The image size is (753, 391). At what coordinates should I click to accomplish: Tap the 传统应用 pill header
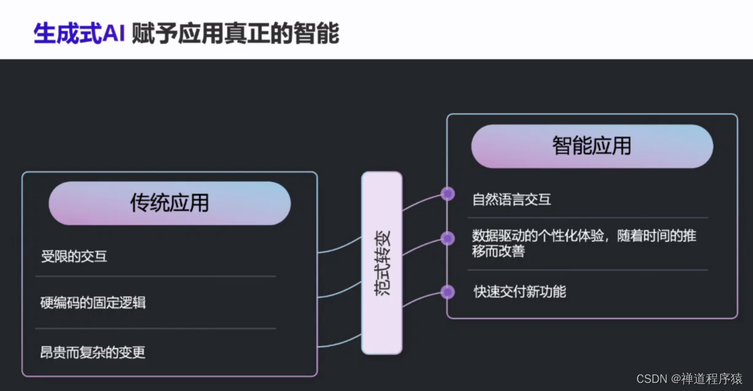pyautogui.click(x=169, y=203)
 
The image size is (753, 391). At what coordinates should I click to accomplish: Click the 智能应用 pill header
pyautogui.click(x=591, y=146)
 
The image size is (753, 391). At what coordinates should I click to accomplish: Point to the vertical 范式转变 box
pyautogui.click(x=382, y=263)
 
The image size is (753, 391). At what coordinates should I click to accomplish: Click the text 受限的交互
pyautogui.click(x=74, y=257)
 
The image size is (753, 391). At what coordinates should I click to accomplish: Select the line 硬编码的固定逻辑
pyautogui.click(x=93, y=303)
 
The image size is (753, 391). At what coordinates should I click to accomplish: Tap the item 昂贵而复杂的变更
pyautogui.click(x=93, y=353)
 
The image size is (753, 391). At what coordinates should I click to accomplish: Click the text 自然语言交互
pyautogui.click(x=511, y=200)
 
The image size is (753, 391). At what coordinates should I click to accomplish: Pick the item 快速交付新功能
pyautogui.click(x=519, y=292)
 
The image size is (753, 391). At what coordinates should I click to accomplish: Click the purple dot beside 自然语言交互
pyautogui.click(x=447, y=194)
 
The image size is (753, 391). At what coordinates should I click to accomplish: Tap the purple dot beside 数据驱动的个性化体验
pyautogui.click(x=447, y=238)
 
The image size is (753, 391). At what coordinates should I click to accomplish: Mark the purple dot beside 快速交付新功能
pyautogui.click(x=447, y=292)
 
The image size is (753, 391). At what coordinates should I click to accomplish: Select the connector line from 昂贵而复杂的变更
pyautogui.click(x=340, y=343)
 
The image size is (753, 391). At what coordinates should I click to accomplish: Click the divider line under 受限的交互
pyautogui.click(x=155, y=276)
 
